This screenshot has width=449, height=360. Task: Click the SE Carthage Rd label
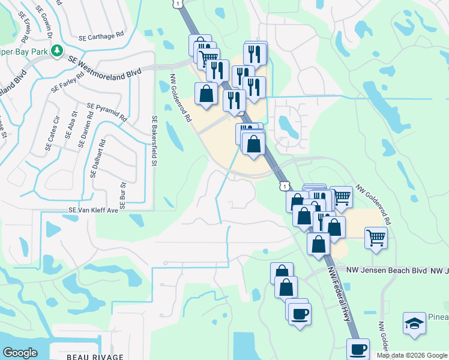point(101,36)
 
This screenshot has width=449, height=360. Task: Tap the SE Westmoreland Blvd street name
point(104,68)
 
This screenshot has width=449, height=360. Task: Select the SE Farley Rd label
point(68,83)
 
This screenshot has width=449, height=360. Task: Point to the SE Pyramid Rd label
point(107,112)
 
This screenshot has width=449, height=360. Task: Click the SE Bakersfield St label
point(154,140)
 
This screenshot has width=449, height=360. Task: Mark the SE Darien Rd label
point(84,132)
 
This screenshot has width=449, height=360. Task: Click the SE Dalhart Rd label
point(97,158)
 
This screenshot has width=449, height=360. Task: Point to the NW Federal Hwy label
point(339,293)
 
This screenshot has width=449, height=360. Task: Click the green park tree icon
point(57,51)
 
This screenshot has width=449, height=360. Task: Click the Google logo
point(20,353)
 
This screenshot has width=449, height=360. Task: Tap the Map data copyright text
point(412,355)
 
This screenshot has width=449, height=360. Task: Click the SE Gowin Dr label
point(49,18)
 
